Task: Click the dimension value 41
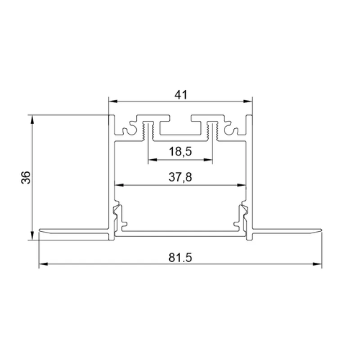point(181,95)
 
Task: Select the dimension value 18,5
point(181,152)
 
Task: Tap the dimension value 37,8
point(181,177)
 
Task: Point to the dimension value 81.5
point(181,258)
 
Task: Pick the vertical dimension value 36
point(26,177)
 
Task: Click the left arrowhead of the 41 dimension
point(113,102)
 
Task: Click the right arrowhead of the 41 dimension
point(248,102)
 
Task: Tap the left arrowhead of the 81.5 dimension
point(43,264)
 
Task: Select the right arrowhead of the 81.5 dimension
point(317,264)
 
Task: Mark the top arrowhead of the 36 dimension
point(32,120)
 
